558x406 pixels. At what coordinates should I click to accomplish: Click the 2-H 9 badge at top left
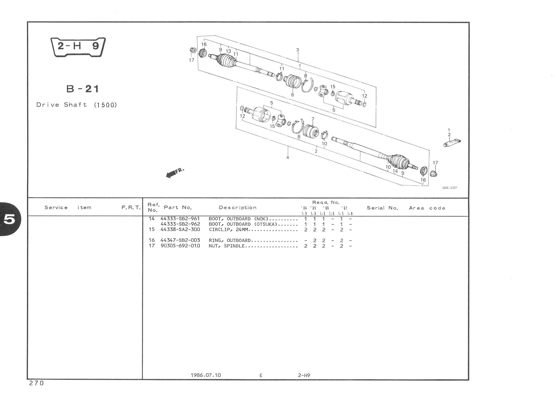click(x=78, y=47)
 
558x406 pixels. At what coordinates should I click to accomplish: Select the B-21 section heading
click(x=83, y=89)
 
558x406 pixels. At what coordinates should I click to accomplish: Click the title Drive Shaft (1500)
click(x=77, y=105)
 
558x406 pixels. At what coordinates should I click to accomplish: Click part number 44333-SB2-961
click(x=180, y=219)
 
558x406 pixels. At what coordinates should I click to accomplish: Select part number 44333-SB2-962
click(x=180, y=224)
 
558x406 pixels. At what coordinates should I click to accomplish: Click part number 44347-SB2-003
click(x=180, y=240)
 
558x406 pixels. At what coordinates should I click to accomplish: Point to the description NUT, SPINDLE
click(x=227, y=246)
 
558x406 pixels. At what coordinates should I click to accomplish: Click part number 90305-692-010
click(x=180, y=246)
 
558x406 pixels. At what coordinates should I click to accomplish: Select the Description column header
click(x=238, y=207)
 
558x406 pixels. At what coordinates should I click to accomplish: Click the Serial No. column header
click(x=382, y=208)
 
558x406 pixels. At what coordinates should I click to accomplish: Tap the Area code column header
click(x=427, y=208)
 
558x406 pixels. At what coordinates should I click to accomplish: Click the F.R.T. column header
click(x=131, y=208)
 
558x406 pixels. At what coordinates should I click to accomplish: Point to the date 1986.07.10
click(x=206, y=375)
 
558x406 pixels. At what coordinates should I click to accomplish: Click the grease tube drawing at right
click(x=452, y=143)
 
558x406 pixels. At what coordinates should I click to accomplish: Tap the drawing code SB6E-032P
click(x=449, y=188)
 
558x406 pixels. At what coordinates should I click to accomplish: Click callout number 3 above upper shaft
click(x=298, y=50)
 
